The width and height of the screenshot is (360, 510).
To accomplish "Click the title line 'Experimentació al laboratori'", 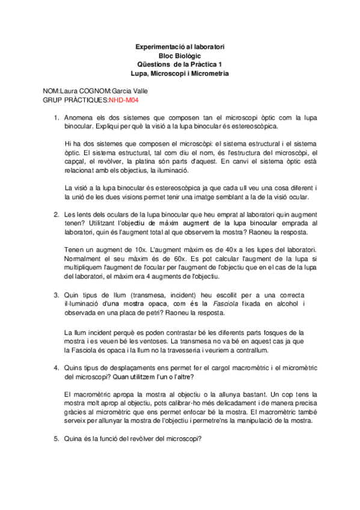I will pyautogui.click(x=180, y=46).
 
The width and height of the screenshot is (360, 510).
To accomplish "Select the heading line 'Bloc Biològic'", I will pyautogui.click(x=180, y=55).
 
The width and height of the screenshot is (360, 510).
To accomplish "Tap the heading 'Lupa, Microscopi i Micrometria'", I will pyautogui.click(x=180, y=74).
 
